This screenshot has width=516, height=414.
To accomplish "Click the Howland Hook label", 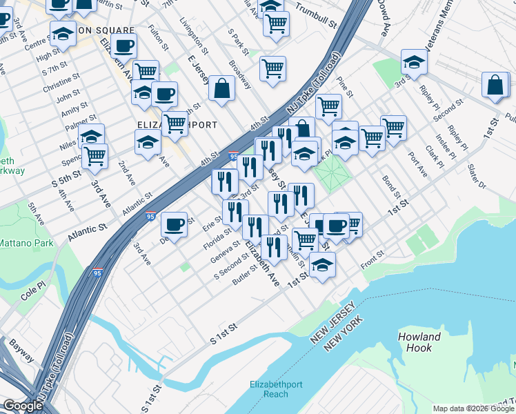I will (419, 342).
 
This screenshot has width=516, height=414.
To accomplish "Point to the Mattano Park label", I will (25, 244).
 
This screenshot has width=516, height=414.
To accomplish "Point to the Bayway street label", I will (17, 355).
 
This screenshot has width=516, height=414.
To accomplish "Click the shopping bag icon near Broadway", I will (221, 88).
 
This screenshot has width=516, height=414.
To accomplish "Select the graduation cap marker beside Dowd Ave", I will (414, 63).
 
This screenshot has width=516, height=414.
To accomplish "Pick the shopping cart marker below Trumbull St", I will (276, 23).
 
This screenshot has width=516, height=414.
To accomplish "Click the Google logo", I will (23, 406).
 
